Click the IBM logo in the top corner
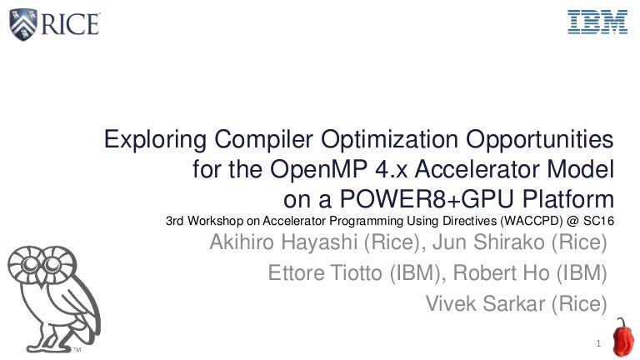[597, 22]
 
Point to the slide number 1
[598, 343]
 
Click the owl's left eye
[31, 265]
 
